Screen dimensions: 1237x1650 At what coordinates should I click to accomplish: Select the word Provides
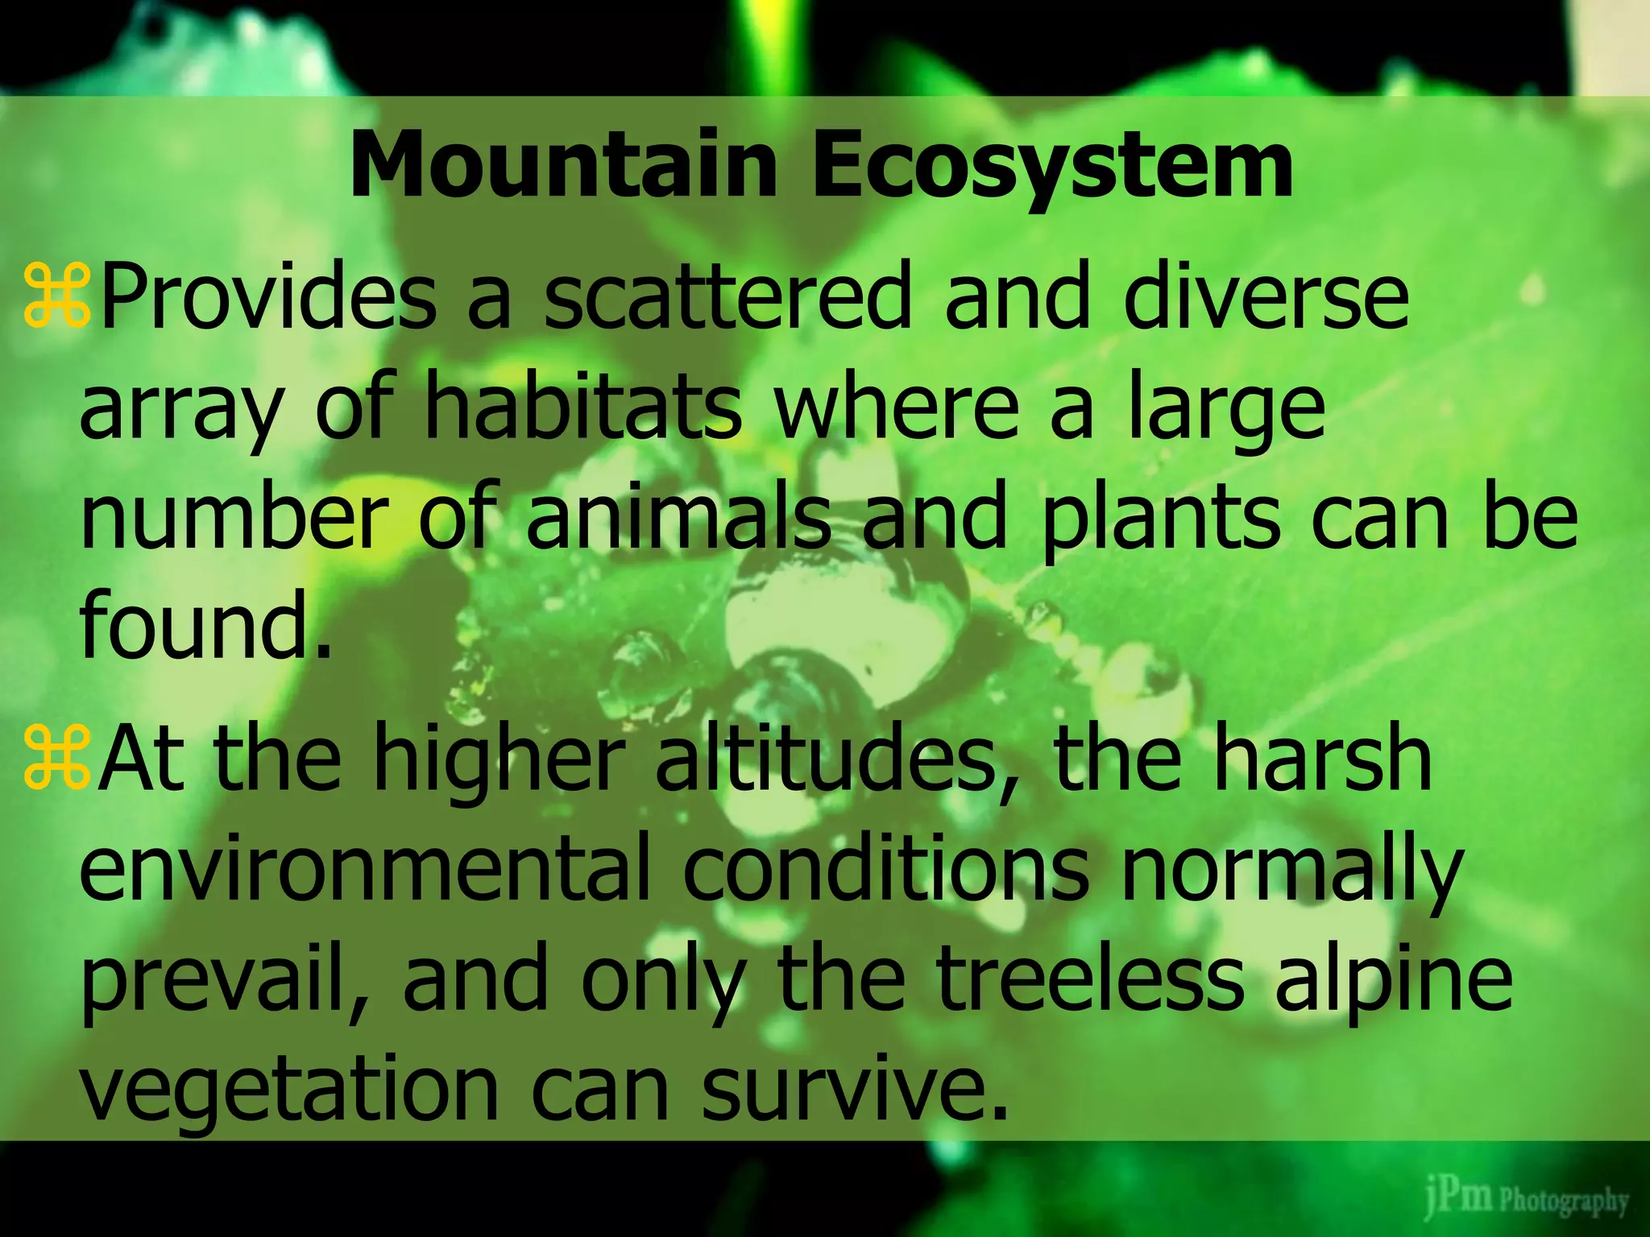270,299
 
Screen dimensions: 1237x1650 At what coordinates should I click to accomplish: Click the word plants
1160,519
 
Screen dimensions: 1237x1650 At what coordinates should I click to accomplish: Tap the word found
205,624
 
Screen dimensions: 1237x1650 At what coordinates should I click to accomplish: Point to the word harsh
1322,761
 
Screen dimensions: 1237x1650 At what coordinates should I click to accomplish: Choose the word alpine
1393,983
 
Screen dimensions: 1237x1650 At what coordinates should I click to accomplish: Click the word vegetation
290,1091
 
